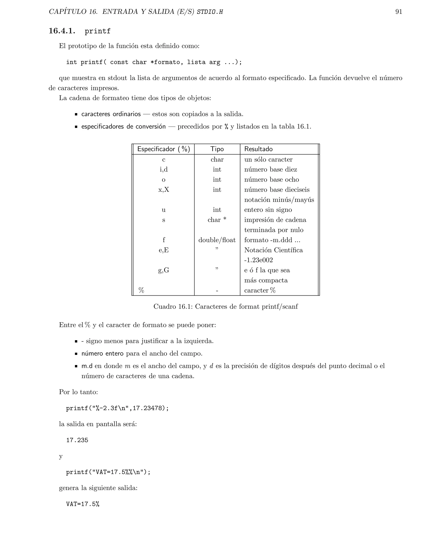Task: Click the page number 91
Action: (399, 12)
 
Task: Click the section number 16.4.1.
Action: (62, 31)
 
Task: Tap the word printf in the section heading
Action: (98, 31)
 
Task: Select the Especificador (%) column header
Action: (164, 149)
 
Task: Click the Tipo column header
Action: (217, 149)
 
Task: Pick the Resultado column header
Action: (258, 149)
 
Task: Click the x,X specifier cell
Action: (164, 190)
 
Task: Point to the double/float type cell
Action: (217, 240)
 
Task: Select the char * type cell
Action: (217, 220)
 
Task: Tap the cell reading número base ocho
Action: (271, 179)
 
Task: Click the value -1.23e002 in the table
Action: (258, 260)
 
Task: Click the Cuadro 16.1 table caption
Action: (225, 307)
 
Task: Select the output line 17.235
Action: (77, 440)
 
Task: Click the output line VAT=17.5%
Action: (83, 504)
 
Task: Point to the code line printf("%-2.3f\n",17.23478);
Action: (117, 408)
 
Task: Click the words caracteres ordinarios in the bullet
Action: (111, 114)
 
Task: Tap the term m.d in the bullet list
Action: (87, 366)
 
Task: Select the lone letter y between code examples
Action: (61, 456)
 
